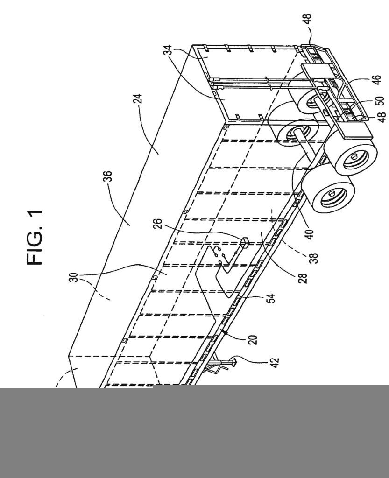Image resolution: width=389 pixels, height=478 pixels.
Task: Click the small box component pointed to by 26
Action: pyautogui.click(x=244, y=241)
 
